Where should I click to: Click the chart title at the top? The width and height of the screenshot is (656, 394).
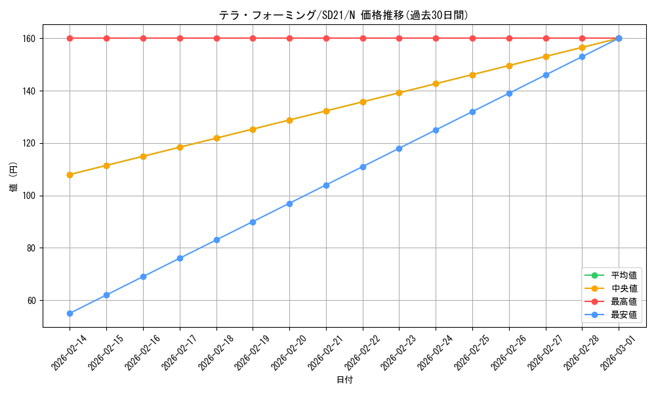[x=343, y=15]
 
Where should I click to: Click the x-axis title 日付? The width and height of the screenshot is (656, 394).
[x=344, y=380]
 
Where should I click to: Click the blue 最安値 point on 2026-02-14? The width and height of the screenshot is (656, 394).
[x=70, y=313]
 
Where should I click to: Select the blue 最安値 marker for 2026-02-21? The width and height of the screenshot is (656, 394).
[x=326, y=185]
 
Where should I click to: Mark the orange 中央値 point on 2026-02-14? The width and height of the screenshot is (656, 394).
[x=70, y=175]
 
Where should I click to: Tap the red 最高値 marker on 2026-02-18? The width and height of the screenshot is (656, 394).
[x=216, y=38]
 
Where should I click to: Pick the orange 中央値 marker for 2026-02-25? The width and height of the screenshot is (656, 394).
[x=472, y=75]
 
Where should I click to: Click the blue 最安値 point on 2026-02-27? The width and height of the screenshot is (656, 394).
[x=546, y=75]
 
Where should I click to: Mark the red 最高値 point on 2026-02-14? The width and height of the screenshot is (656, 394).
[x=70, y=38]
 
